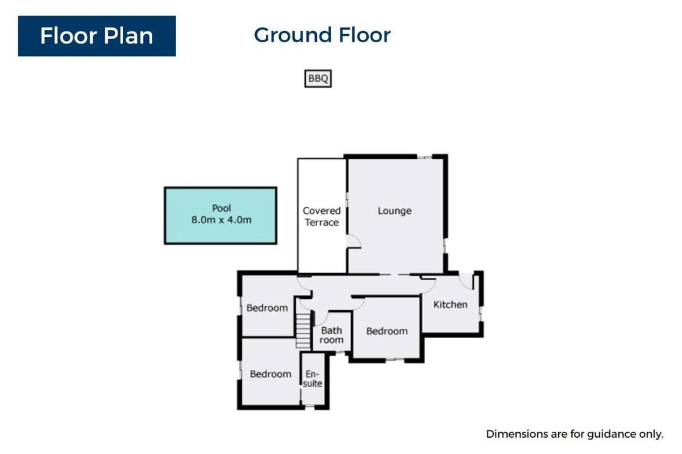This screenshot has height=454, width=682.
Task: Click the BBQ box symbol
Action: [x=318, y=79]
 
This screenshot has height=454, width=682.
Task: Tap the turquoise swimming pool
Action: [x=220, y=216]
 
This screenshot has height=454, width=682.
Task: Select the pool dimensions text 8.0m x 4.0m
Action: [x=222, y=220]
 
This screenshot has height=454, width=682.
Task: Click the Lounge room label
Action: [x=395, y=211]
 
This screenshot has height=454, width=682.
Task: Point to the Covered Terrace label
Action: [x=321, y=216]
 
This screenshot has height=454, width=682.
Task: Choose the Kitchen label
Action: [x=450, y=305]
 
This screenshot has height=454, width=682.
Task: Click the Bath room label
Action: [x=332, y=335]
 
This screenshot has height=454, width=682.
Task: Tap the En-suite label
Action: [x=313, y=379]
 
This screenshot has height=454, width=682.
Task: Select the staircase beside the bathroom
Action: [x=303, y=331]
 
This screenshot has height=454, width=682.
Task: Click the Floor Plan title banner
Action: [x=97, y=36]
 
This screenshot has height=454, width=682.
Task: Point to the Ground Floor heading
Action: [x=322, y=35]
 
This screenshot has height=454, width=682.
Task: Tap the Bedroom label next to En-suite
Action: [x=270, y=374]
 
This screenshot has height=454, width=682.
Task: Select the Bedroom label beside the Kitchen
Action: [x=387, y=331]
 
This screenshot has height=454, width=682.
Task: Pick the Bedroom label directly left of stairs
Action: [x=267, y=308]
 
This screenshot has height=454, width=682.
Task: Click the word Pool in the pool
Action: [x=222, y=208]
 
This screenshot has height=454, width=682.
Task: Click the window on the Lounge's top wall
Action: [x=424, y=156]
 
